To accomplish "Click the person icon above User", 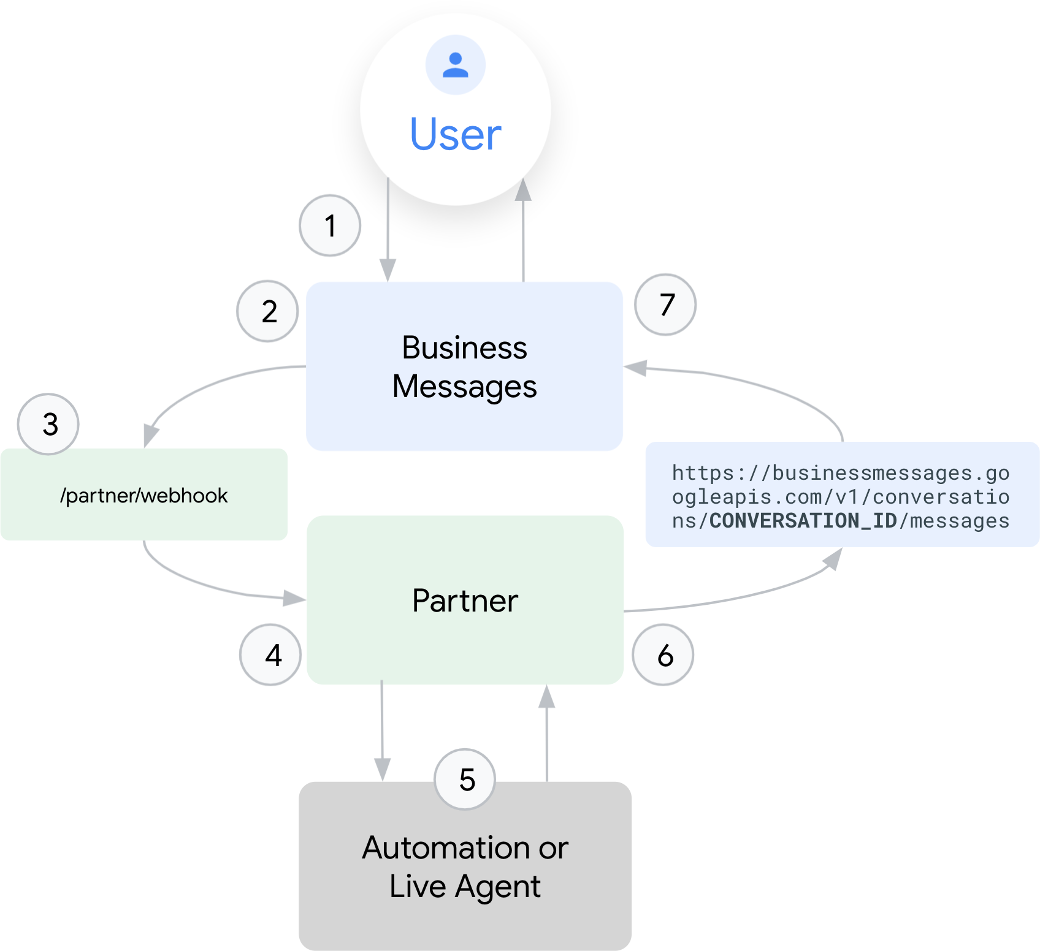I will (456, 65).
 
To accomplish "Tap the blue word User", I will (456, 134).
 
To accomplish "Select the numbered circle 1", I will (330, 225).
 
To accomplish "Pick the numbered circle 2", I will (268, 311).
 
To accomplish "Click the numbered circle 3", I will (48, 424).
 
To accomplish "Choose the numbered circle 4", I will (270, 655).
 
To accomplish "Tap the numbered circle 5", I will (465, 779).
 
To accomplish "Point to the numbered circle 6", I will (663, 655).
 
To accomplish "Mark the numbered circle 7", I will (665, 305).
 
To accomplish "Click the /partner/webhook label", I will (144, 495).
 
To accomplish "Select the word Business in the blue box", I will (464, 348).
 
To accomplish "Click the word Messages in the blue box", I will (464, 387).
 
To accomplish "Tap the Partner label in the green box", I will (465, 601).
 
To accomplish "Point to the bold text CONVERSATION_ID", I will (803, 521).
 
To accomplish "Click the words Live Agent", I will (465, 886).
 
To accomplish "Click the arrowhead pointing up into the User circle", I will (523, 190).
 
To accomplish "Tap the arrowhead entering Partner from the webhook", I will (294, 598).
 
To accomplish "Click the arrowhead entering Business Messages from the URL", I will (635, 368).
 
